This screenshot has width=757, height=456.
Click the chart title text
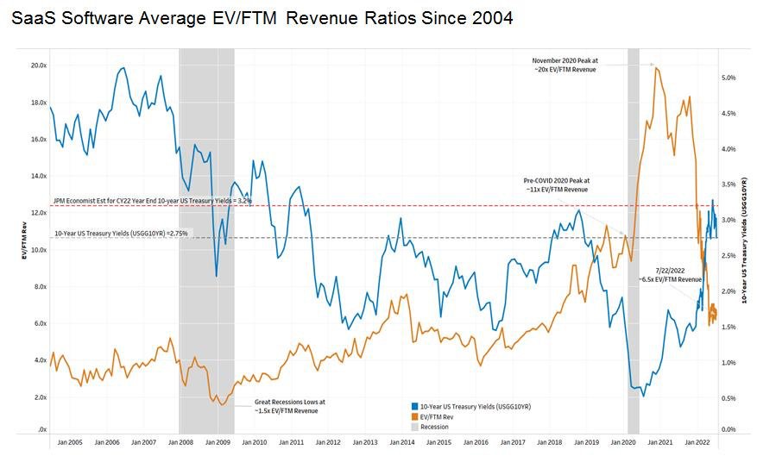(262, 17)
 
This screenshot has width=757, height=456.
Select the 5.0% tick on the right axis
(729, 78)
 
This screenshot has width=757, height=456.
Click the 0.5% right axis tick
(729, 398)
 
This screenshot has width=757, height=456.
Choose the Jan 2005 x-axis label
(69, 442)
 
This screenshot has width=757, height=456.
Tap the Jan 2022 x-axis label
(697, 442)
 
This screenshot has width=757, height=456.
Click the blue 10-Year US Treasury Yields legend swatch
(415, 405)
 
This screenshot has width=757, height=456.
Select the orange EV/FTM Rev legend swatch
(415, 415)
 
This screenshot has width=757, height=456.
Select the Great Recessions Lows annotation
(289, 406)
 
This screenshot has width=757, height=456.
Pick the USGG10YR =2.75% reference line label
(121, 233)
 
